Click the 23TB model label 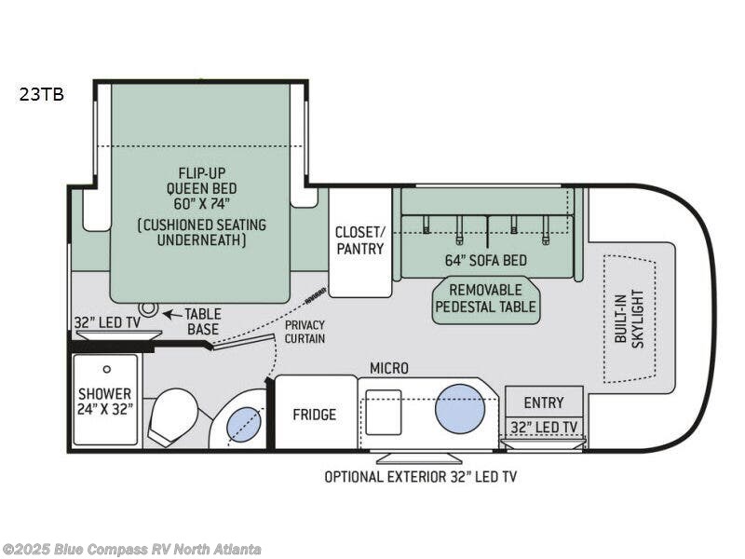click(42, 95)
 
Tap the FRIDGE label click(314, 415)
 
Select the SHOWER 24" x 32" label click(104, 402)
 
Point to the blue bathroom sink click(245, 424)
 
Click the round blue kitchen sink click(459, 409)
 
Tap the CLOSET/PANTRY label click(360, 240)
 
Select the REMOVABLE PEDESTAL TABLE click(485, 299)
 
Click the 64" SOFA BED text click(485, 261)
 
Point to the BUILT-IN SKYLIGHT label click(629, 318)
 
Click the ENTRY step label click(544, 402)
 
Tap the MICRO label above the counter click(389, 368)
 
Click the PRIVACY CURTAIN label click(305, 332)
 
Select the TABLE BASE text click(203, 321)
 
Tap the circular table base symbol click(149, 308)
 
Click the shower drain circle click(107, 369)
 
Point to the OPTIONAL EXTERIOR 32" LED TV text click(421, 477)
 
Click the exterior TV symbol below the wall click(419, 458)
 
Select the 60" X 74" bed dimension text click(201, 204)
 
